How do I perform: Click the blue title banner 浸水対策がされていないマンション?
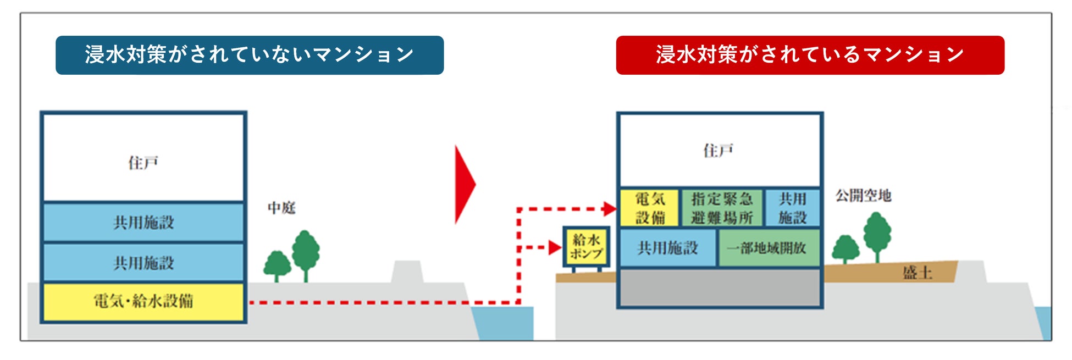point(250,55)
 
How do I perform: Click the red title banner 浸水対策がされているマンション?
point(810,55)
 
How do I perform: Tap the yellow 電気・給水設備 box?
point(143,301)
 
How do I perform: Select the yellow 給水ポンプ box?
point(586,247)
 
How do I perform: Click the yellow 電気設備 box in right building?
point(650,208)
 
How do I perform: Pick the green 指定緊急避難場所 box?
point(721,208)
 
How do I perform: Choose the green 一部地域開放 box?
point(768,248)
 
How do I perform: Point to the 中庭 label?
point(281,208)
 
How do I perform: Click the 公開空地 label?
point(863,196)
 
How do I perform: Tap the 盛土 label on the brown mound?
point(917,273)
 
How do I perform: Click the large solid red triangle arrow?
point(464,185)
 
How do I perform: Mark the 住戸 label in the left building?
point(143,163)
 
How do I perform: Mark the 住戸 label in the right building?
point(719,151)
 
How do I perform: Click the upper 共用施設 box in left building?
point(143,222)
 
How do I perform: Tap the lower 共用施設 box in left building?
point(143,263)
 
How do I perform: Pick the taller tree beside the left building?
point(306,253)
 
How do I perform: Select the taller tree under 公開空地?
point(877,234)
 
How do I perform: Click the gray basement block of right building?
point(720,287)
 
